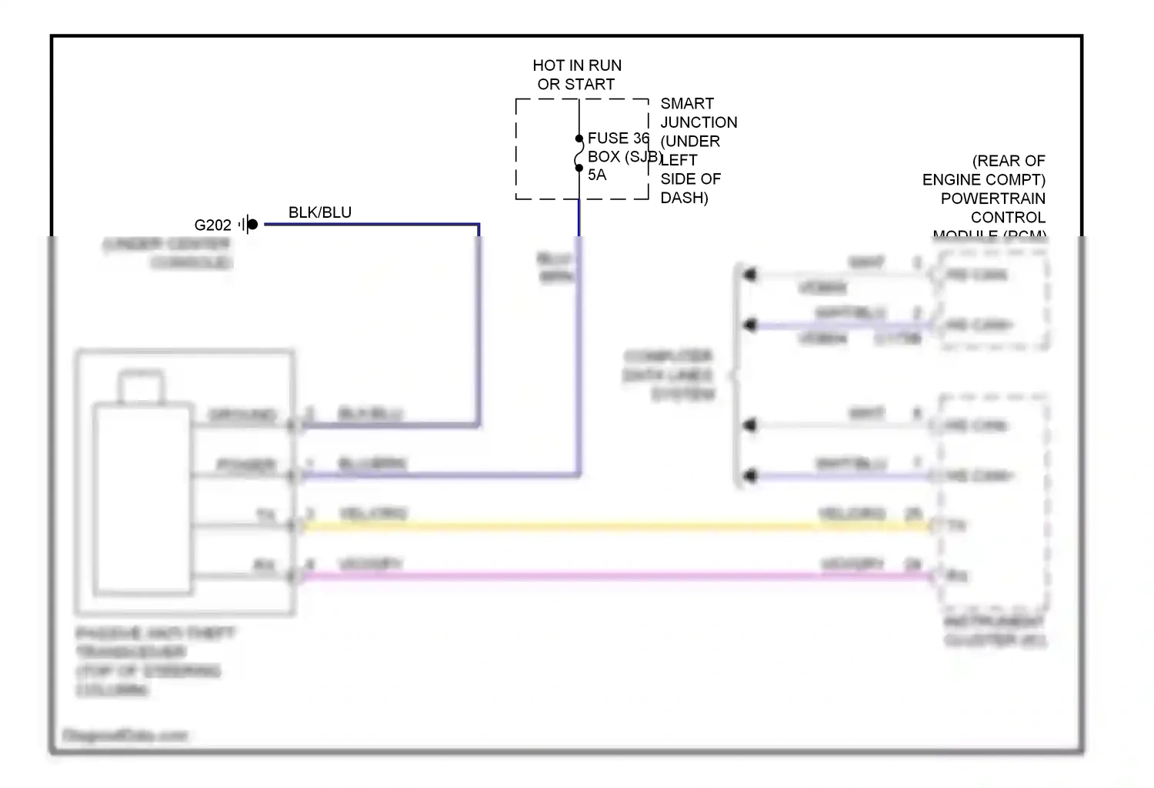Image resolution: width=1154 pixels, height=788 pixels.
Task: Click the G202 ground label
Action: click(212, 225)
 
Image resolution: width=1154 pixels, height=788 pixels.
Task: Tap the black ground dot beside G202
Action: click(252, 225)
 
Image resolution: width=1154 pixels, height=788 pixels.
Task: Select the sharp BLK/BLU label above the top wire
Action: click(319, 212)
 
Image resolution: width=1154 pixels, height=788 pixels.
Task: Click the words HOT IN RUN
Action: click(577, 65)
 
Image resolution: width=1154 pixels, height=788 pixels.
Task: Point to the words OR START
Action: click(576, 85)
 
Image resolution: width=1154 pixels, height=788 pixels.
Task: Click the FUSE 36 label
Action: click(618, 139)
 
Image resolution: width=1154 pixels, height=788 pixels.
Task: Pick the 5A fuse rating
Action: click(597, 175)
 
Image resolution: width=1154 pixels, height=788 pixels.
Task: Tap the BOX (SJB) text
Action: click(624, 157)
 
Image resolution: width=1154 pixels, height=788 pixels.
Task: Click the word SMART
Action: click(687, 103)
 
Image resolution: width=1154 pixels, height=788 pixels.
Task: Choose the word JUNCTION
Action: click(699, 122)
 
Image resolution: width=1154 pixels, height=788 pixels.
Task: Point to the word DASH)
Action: click(684, 198)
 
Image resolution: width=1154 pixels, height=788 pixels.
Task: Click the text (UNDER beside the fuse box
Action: click(690, 142)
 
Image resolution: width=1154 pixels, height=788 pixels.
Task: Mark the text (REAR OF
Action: click(1009, 161)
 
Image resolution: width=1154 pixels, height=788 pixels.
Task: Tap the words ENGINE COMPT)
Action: click(983, 180)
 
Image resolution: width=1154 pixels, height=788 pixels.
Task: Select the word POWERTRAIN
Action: click(992, 199)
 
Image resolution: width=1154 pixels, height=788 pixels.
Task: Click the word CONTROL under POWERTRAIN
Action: click(1008, 218)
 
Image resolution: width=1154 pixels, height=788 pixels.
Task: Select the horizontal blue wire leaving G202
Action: click(369, 225)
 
